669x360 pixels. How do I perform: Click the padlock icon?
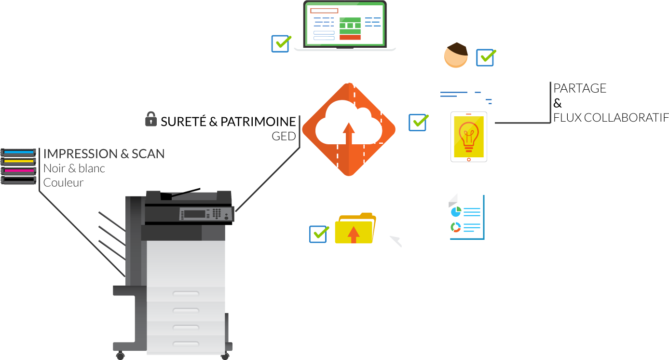pyautogui.click(x=151, y=119)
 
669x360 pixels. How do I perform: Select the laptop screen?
pyautogui.click(x=345, y=24)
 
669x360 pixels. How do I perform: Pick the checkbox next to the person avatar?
pyautogui.click(x=485, y=57)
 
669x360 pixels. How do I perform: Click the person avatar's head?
pyautogui.click(x=456, y=55)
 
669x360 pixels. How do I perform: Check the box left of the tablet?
pyautogui.click(x=417, y=123)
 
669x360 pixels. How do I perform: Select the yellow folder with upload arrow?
pyautogui.click(x=355, y=229)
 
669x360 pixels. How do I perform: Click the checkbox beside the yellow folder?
pyautogui.click(x=318, y=234)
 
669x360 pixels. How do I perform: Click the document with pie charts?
pyautogui.click(x=466, y=217)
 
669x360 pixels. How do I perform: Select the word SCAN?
pyautogui.click(x=148, y=154)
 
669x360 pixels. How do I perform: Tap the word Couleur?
pyautogui.click(x=64, y=183)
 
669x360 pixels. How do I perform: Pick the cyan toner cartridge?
pyautogui.click(x=18, y=152)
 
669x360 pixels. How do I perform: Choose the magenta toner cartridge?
pyautogui.click(x=18, y=171)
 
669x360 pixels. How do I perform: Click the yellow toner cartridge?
pyautogui.click(x=18, y=161)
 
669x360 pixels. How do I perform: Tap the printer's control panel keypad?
pyautogui.click(x=217, y=213)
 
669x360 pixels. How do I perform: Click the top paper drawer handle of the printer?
pyautogui.click(x=186, y=293)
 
